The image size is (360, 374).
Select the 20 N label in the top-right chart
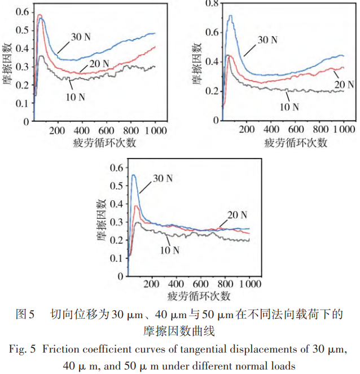pos(344,85)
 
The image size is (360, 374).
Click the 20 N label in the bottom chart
pos(237,215)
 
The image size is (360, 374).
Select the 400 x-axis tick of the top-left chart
pos(82,130)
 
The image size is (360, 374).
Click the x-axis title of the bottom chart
pos(199,296)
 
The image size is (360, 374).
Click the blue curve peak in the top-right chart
pos(230,16)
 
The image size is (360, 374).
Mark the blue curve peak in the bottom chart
pos(134,175)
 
